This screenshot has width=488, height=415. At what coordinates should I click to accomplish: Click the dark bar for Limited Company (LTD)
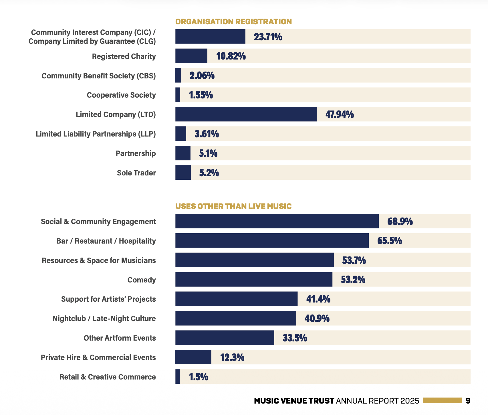[246, 114]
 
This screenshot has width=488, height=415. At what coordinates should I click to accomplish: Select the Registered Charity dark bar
[191, 56]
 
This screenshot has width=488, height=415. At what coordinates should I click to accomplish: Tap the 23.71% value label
[268, 37]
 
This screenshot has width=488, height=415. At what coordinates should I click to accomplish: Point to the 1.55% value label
[201, 95]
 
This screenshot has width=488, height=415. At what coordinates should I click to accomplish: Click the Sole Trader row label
[136, 173]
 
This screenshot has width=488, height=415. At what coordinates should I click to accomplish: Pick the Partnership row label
[136, 153]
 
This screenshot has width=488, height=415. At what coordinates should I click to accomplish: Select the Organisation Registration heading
[233, 22]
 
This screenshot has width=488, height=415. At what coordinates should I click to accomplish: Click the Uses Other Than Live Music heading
[233, 206]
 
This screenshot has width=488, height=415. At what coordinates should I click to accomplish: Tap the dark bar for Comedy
[254, 279]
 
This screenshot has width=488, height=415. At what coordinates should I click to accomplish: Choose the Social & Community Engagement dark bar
[277, 221]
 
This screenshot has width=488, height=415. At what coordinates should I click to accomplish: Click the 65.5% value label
[389, 241]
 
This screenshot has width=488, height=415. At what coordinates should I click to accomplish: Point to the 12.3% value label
[232, 357]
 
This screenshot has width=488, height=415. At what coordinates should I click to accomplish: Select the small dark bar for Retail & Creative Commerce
[178, 377]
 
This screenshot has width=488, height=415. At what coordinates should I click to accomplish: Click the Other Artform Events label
[120, 338]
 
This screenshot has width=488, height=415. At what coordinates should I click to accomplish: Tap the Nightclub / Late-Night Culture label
[104, 319]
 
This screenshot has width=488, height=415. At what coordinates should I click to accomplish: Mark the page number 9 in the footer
[468, 401]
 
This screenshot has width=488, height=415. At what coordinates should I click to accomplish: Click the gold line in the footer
[442, 401]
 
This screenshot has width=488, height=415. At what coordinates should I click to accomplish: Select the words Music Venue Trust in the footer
[294, 401]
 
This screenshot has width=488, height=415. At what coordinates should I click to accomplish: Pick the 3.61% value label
[207, 134]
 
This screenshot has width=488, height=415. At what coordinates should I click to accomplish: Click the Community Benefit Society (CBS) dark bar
[178, 76]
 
